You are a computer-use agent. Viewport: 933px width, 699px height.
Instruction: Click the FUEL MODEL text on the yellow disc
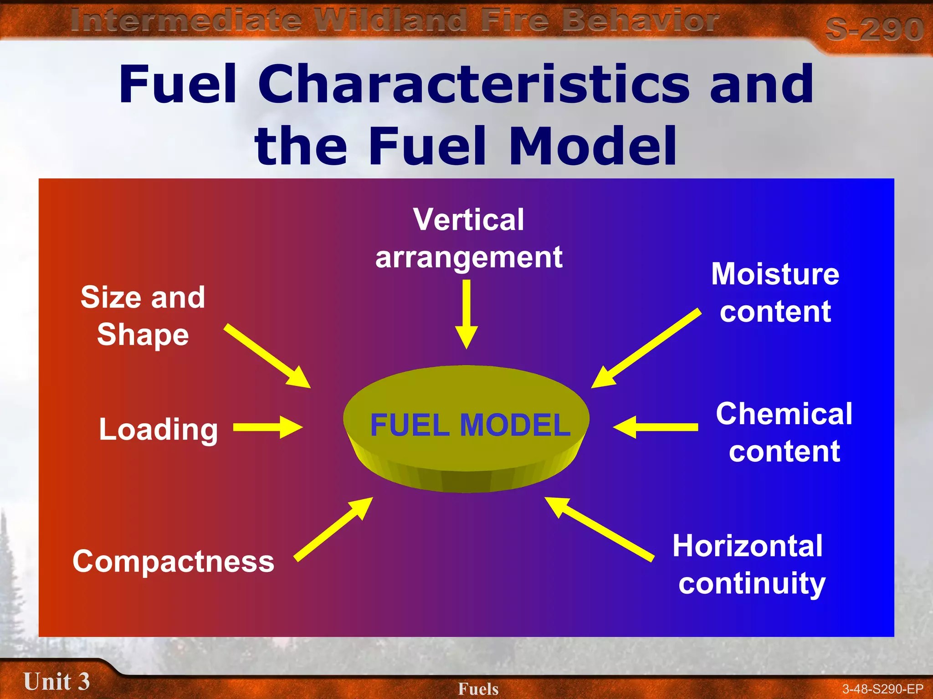[470, 425]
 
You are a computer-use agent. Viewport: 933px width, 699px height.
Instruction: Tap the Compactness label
[174, 561]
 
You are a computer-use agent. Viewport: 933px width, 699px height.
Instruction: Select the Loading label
[159, 429]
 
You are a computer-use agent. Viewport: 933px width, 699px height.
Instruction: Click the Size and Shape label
[143, 316]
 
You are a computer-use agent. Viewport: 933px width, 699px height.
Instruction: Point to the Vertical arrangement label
[469, 238]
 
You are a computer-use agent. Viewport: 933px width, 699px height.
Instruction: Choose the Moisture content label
[775, 293]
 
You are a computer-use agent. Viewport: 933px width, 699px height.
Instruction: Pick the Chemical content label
[784, 432]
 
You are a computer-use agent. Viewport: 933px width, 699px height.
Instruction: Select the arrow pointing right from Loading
[268, 427]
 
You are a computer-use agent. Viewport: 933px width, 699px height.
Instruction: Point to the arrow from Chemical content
[656, 427]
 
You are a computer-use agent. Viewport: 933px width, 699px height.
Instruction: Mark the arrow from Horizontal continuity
[599, 529]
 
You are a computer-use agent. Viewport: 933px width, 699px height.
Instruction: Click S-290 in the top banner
[874, 29]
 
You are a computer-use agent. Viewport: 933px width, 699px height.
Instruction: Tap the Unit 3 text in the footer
[56, 681]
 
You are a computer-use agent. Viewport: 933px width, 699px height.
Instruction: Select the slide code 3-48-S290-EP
[882, 689]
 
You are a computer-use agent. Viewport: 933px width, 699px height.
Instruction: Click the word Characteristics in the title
[473, 84]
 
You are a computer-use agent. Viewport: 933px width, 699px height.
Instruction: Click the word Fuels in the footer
[478, 689]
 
